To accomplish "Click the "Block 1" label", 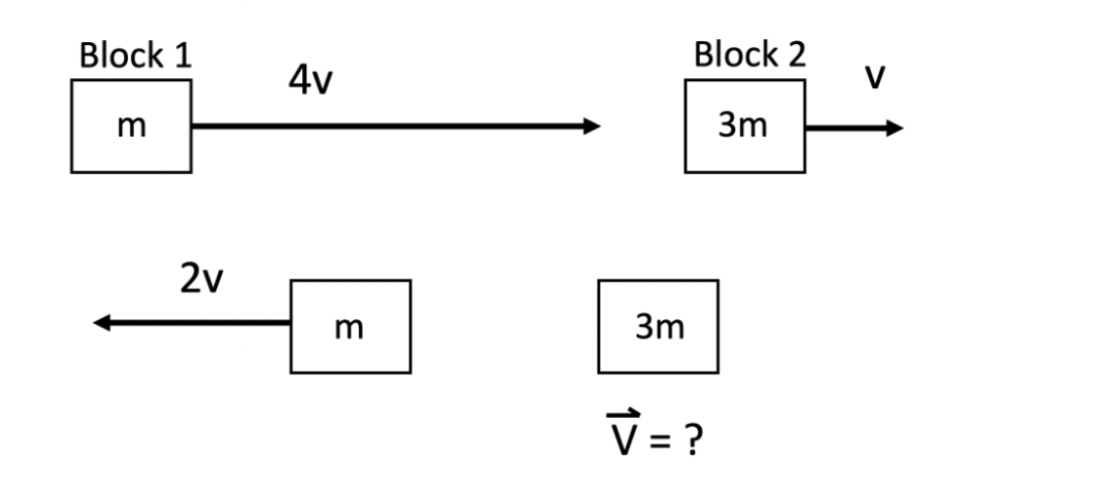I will click(136, 56).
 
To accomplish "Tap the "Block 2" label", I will click(750, 56).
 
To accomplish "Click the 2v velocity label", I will click(200, 280).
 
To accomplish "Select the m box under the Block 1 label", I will click(131, 126).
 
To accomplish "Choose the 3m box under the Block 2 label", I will click(744, 126).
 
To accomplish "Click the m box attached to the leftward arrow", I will click(350, 326).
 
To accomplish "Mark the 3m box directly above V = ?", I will click(658, 326).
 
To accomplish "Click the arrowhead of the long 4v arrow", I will click(591, 126).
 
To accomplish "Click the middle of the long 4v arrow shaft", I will click(391, 126).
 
